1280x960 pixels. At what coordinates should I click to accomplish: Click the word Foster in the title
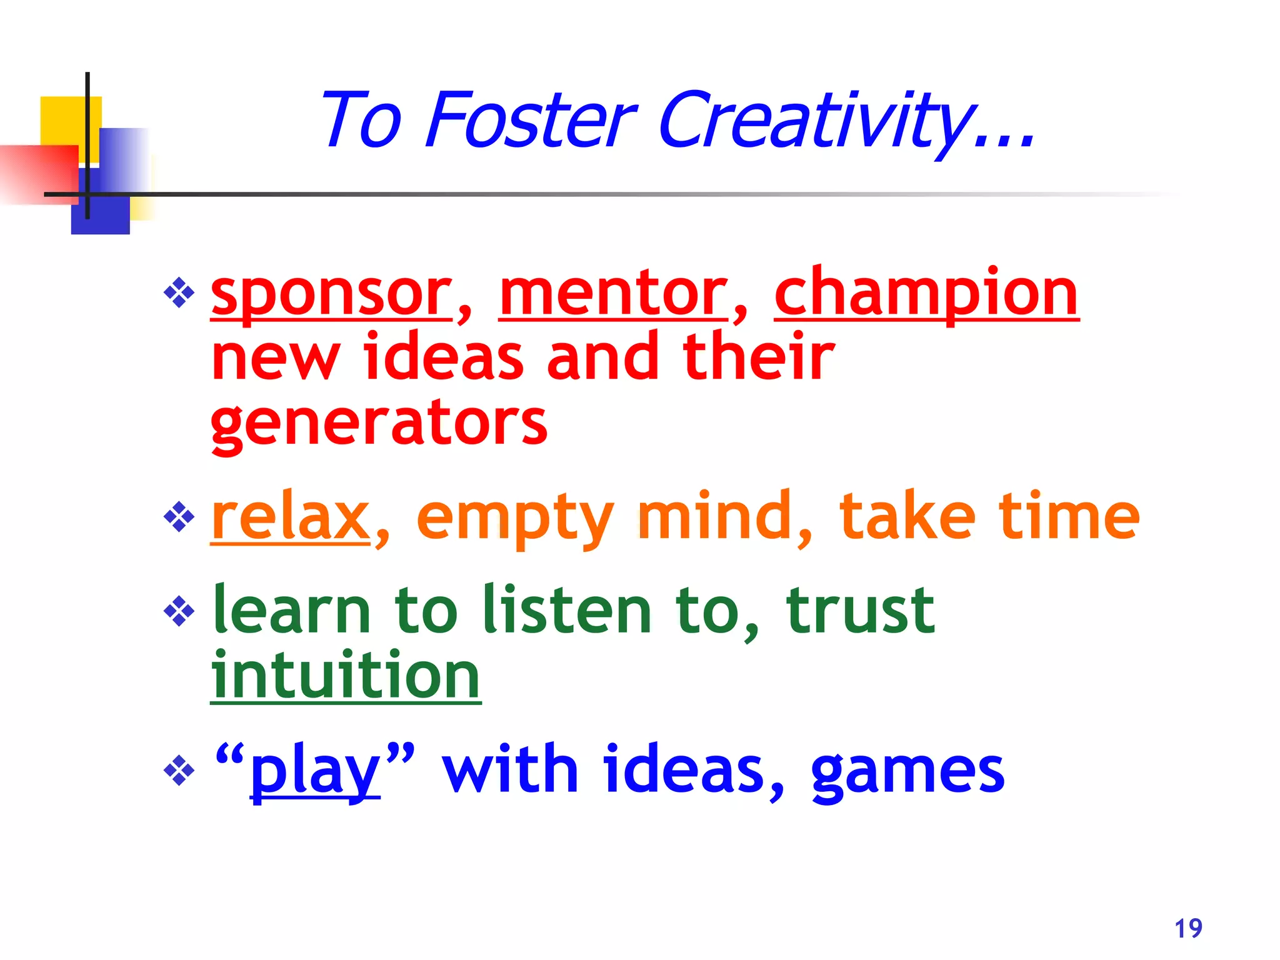(530, 120)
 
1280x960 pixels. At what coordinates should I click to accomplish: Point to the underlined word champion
(926, 294)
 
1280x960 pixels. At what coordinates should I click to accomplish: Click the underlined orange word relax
(291, 517)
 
